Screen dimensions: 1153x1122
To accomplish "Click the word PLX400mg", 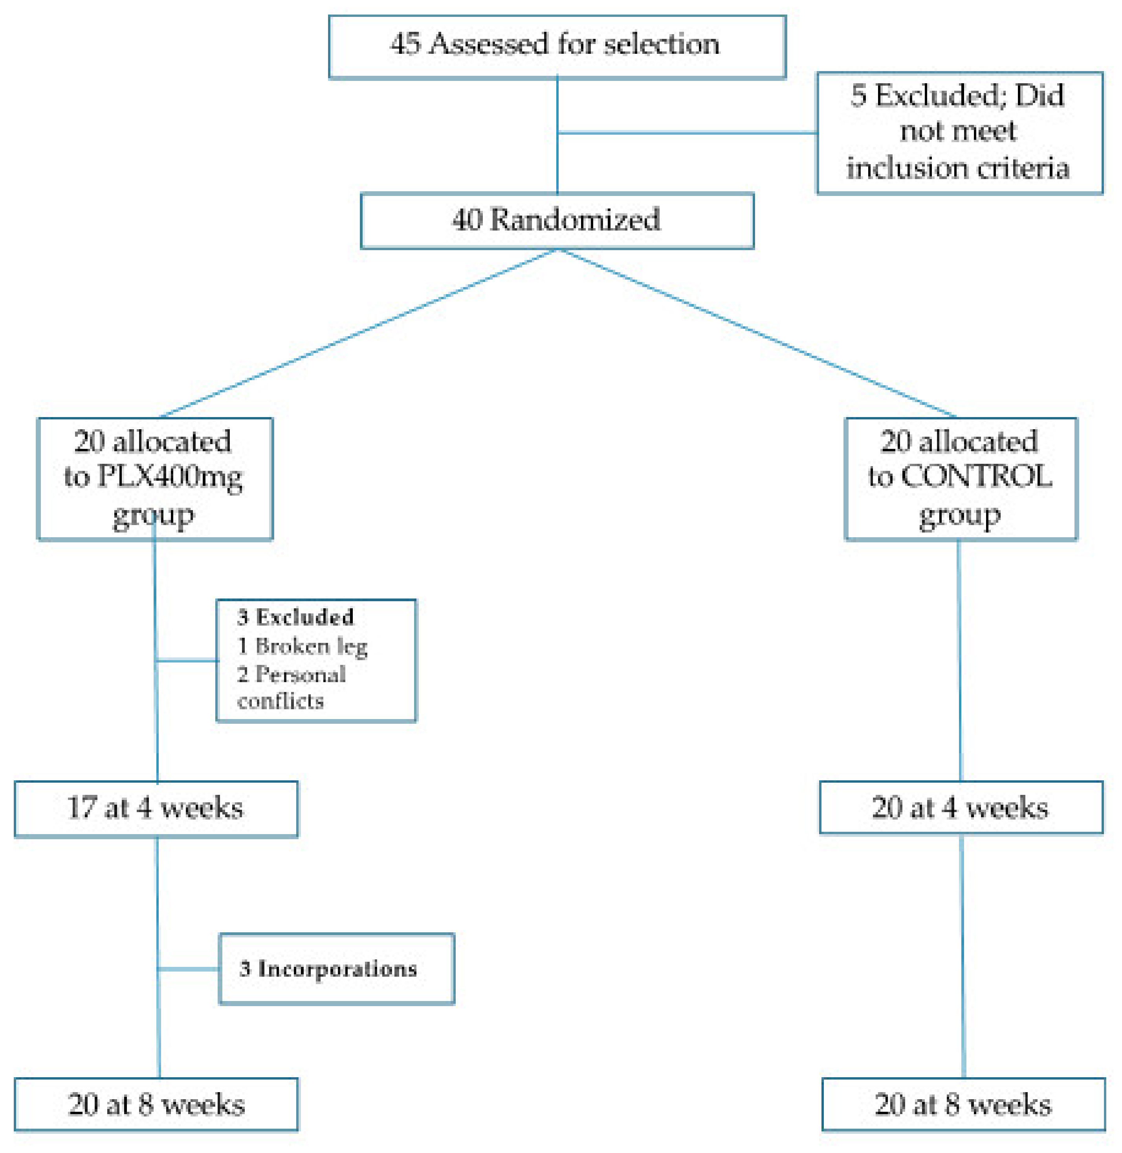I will pyautogui.click(x=169, y=477).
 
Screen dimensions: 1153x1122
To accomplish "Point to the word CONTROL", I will pyautogui.click(x=976, y=477).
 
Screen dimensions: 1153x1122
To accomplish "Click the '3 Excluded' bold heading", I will pyautogui.click(x=295, y=617).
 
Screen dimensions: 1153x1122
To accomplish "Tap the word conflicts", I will pyautogui.click(x=280, y=701).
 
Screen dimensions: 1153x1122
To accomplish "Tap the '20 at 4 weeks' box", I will pyautogui.click(x=961, y=808).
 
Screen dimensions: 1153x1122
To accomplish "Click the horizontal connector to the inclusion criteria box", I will pyautogui.click(x=687, y=133).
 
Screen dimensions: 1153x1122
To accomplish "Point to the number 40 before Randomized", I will pyautogui.click(x=467, y=220).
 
